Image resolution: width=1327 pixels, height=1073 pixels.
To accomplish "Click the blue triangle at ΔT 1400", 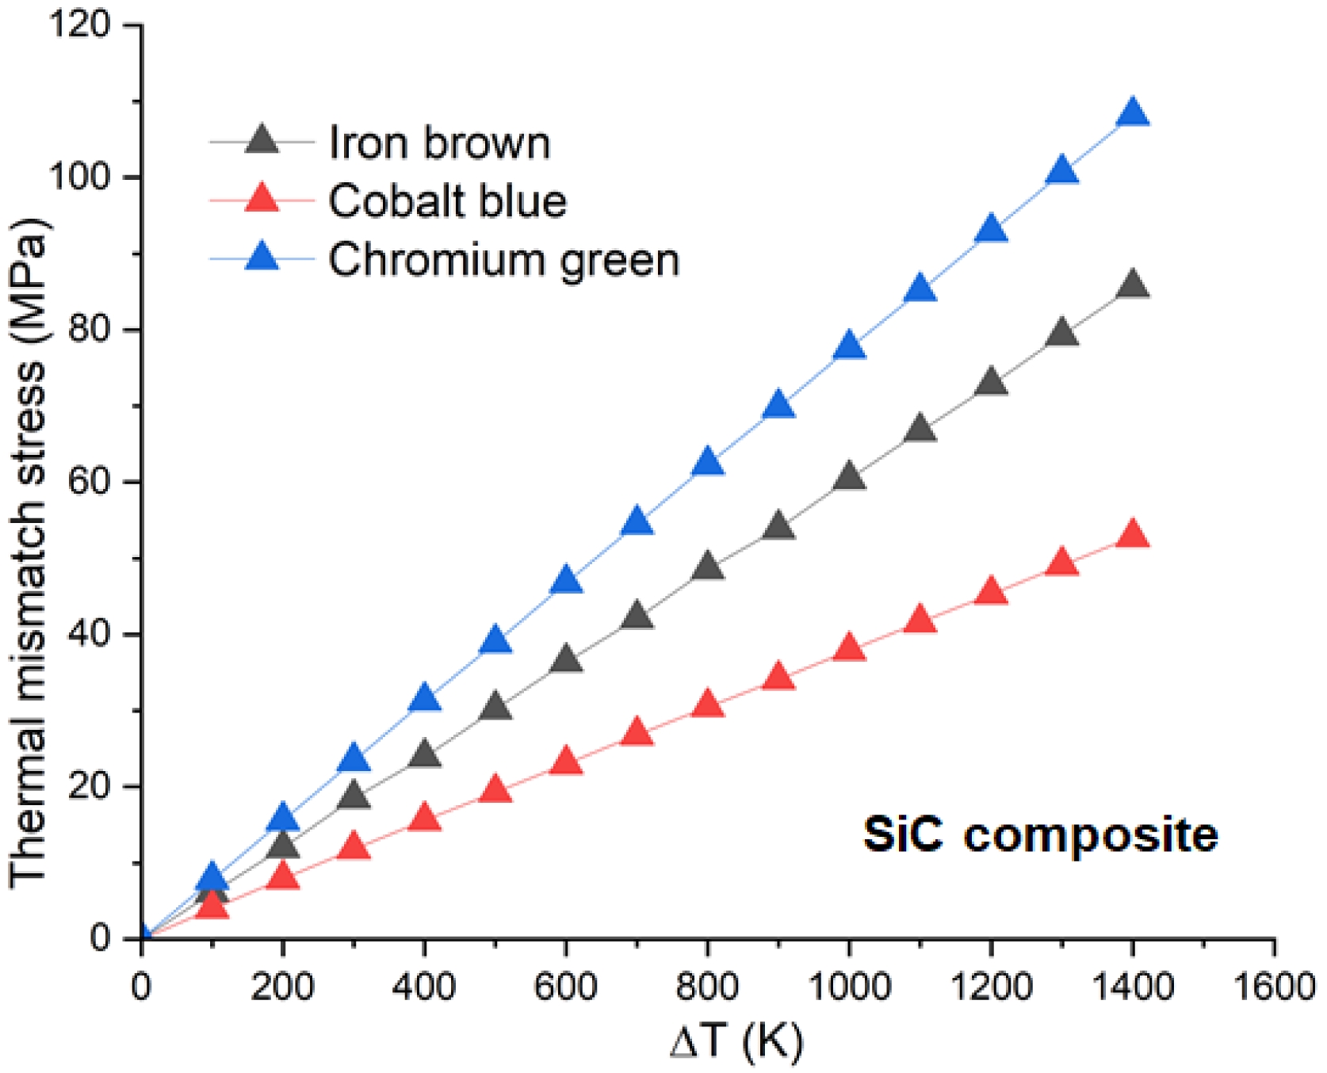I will coord(1133,114).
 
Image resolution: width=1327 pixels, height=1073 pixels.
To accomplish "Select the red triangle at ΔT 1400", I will coord(1133,536).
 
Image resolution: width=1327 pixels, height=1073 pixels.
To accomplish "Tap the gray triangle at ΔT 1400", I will coord(1133,285).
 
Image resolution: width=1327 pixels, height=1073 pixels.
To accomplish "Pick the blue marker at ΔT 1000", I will coord(849,346).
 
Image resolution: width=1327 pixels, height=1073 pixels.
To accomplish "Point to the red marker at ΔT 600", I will coord(566,762).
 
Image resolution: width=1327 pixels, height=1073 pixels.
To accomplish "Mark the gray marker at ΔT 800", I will coord(708,567).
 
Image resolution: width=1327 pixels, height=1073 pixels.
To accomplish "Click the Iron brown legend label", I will coord(439,143).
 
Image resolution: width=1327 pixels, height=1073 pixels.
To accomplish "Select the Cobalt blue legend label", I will coord(448,201).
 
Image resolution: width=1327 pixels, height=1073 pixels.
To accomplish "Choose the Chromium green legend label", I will coord(504,260).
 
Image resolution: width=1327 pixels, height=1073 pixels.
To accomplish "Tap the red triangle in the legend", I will coord(262,198).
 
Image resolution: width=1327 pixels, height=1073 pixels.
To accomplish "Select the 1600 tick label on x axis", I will coord(1274,987).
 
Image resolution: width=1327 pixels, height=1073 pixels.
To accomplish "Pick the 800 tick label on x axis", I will coord(708,987).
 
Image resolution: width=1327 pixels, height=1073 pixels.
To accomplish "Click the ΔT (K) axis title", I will coord(736,1041).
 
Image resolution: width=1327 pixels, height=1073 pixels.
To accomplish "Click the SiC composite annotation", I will coord(1040,835).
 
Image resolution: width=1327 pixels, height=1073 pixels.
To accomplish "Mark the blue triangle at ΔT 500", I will coord(495,640).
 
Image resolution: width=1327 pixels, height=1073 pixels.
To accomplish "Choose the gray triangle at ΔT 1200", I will coord(991,384).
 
